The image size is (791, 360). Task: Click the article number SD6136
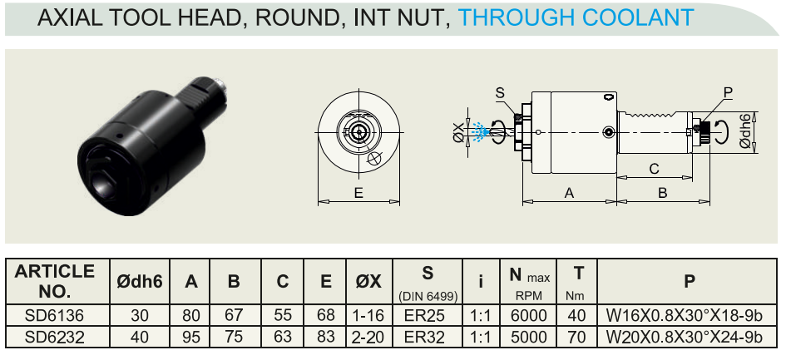pos(55,316)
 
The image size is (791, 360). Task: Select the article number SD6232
pos(55,336)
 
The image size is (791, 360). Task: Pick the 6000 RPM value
pos(528,316)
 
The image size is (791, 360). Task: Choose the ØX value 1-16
pos(368,316)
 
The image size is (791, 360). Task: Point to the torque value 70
pos(576,336)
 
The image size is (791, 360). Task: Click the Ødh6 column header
pos(140,281)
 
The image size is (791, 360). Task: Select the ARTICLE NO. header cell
pos(55,281)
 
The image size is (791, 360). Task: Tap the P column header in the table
pos(689,281)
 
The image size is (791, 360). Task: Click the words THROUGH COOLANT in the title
pos(576,17)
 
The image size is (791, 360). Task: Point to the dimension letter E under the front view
pos(358,193)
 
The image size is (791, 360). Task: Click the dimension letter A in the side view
pos(569,193)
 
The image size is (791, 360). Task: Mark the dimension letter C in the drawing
pos(654,169)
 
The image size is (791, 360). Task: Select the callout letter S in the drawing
pos(500,93)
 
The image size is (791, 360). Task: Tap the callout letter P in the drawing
pos(728,92)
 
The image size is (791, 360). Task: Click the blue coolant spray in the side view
pos(479,130)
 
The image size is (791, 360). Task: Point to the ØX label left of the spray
pos(458,132)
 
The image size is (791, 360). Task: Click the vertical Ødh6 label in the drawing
pos(745,131)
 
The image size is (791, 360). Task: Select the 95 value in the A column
pos(191,336)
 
